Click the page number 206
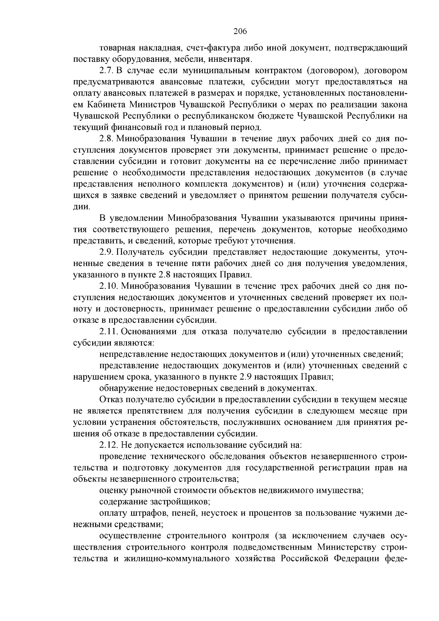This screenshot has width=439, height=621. coord(240,31)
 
